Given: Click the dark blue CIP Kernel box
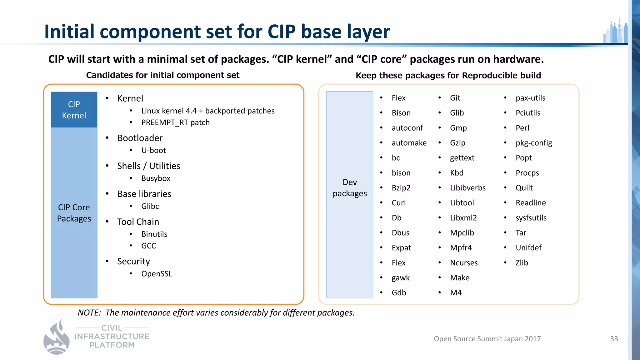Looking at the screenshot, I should click(74, 110).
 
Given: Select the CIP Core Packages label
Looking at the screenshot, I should click(74, 213).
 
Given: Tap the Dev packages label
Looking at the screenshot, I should click(350, 188).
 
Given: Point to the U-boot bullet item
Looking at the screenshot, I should click(153, 150).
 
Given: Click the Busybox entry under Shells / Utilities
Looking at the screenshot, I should click(156, 178).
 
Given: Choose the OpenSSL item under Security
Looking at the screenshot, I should click(157, 274).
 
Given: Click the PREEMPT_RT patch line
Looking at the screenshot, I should click(175, 122).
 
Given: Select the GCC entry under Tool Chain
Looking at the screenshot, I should click(148, 246).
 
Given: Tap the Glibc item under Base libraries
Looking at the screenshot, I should click(150, 206).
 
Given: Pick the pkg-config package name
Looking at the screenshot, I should click(534, 143).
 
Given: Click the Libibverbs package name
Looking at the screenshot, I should click(468, 188).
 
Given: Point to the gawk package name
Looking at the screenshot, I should click(401, 278).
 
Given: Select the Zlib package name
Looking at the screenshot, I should click(522, 263).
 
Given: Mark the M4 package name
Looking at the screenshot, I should click(456, 293).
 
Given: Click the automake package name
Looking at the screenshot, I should click(409, 143).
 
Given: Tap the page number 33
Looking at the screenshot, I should click(614, 339).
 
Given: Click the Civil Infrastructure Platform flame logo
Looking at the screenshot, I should click(57, 337).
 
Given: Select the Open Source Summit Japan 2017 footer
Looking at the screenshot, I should click(487, 339).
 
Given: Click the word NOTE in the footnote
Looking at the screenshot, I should click(89, 313).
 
